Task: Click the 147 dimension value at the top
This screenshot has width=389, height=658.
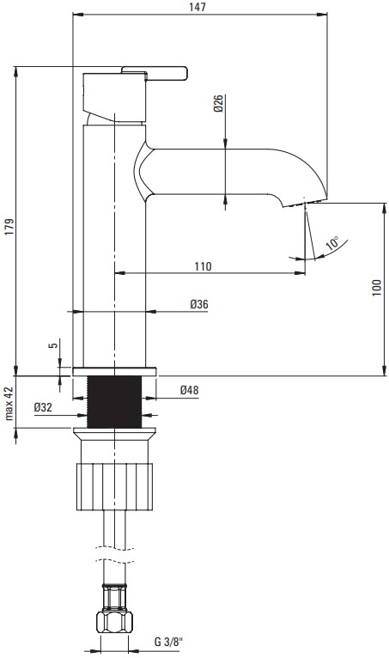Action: pos(198,7)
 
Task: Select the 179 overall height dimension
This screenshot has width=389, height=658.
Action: pos(9,227)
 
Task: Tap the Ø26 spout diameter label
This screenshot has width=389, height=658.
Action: pos(219,103)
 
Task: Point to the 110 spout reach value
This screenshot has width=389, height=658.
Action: pos(203,266)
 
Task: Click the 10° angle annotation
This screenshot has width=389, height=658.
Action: pos(332,243)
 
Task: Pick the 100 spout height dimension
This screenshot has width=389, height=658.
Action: pos(377,288)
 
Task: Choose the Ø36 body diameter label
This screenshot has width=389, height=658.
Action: pos(199,304)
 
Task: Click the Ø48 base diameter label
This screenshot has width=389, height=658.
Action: pos(189,390)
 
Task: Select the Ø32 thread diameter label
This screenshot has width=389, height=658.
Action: pos(43,407)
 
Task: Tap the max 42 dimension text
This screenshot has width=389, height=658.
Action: pos(9,404)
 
